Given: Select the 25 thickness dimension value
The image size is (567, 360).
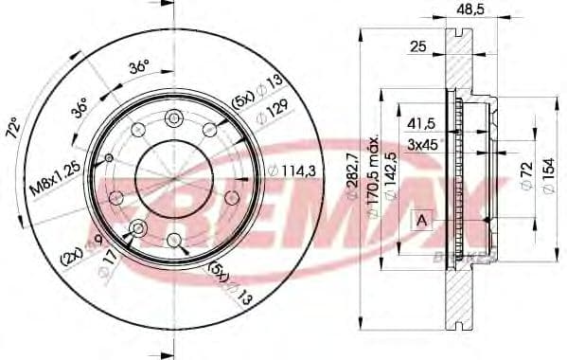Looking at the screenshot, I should pyautogui.click(x=416, y=46).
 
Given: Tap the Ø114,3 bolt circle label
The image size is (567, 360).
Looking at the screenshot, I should pyautogui.click(x=290, y=171).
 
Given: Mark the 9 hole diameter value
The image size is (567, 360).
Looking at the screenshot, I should pyautogui.click(x=98, y=244).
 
